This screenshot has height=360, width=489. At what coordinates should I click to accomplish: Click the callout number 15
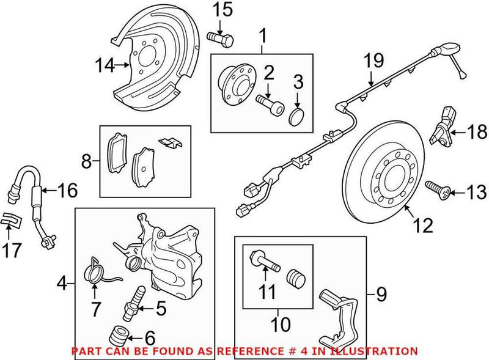223,10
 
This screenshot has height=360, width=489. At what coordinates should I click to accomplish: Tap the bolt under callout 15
222,39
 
